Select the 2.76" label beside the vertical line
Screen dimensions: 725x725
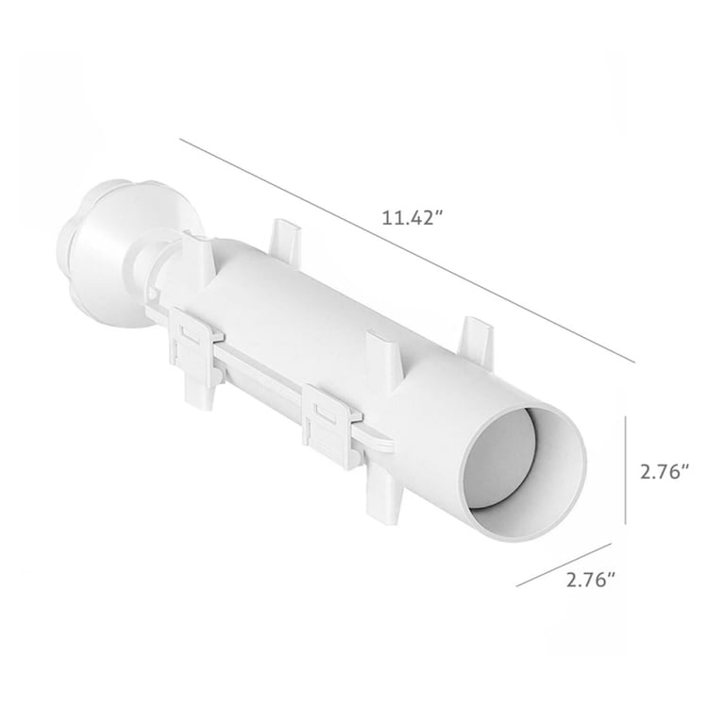pos(666,472)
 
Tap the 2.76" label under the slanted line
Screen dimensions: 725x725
pos(592,580)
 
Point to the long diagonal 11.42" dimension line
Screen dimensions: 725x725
pos(408,250)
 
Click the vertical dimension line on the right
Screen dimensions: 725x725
pos(626,470)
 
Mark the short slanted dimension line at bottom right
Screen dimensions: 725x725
pos(565,565)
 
